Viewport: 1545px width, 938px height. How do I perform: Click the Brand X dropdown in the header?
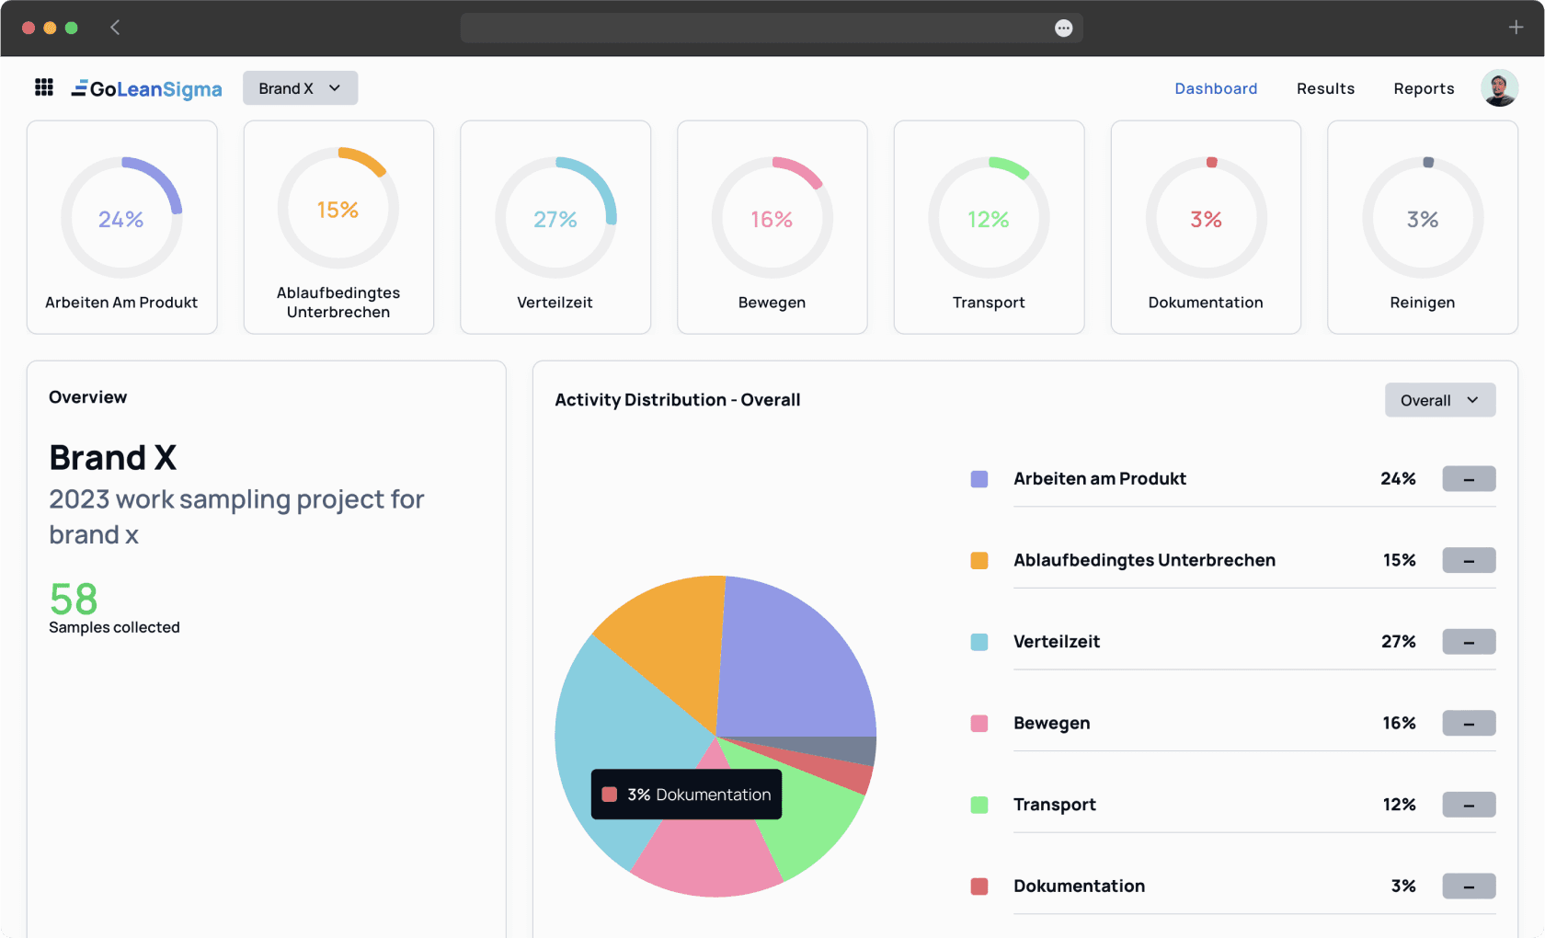click(x=300, y=88)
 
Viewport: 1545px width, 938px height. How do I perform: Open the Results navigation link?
click(x=1325, y=88)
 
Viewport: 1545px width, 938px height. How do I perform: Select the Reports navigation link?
click(x=1424, y=88)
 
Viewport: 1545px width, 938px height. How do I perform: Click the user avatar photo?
click(x=1499, y=88)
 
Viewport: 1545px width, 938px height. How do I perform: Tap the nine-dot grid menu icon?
click(x=43, y=87)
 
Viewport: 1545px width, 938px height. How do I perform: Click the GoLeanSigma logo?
click(x=147, y=88)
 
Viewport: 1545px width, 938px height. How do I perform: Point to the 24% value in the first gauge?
click(x=121, y=219)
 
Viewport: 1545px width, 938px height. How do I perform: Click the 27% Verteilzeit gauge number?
click(x=555, y=219)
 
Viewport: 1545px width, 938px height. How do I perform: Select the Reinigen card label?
click(x=1422, y=303)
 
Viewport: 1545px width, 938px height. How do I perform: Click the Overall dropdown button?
click(x=1439, y=400)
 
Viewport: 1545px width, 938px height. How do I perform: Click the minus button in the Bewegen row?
click(x=1469, y=724)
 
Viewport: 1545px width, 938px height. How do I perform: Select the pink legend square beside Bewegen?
click(x=979, y=724)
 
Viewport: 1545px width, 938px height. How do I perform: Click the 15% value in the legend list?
click(x=1399, y=560)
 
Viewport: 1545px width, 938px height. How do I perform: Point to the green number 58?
click(x=74, y=600)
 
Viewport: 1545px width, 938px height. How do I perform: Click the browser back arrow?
click(x=115, y=28)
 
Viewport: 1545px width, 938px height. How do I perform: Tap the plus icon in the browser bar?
click(x=1516, y=28)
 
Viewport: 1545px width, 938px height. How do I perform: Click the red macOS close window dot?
click(x=29, y=28)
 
